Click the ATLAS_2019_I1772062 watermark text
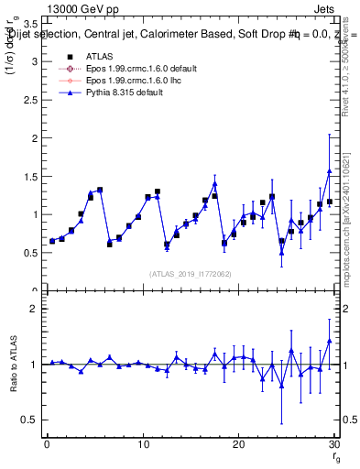coord(191,273)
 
